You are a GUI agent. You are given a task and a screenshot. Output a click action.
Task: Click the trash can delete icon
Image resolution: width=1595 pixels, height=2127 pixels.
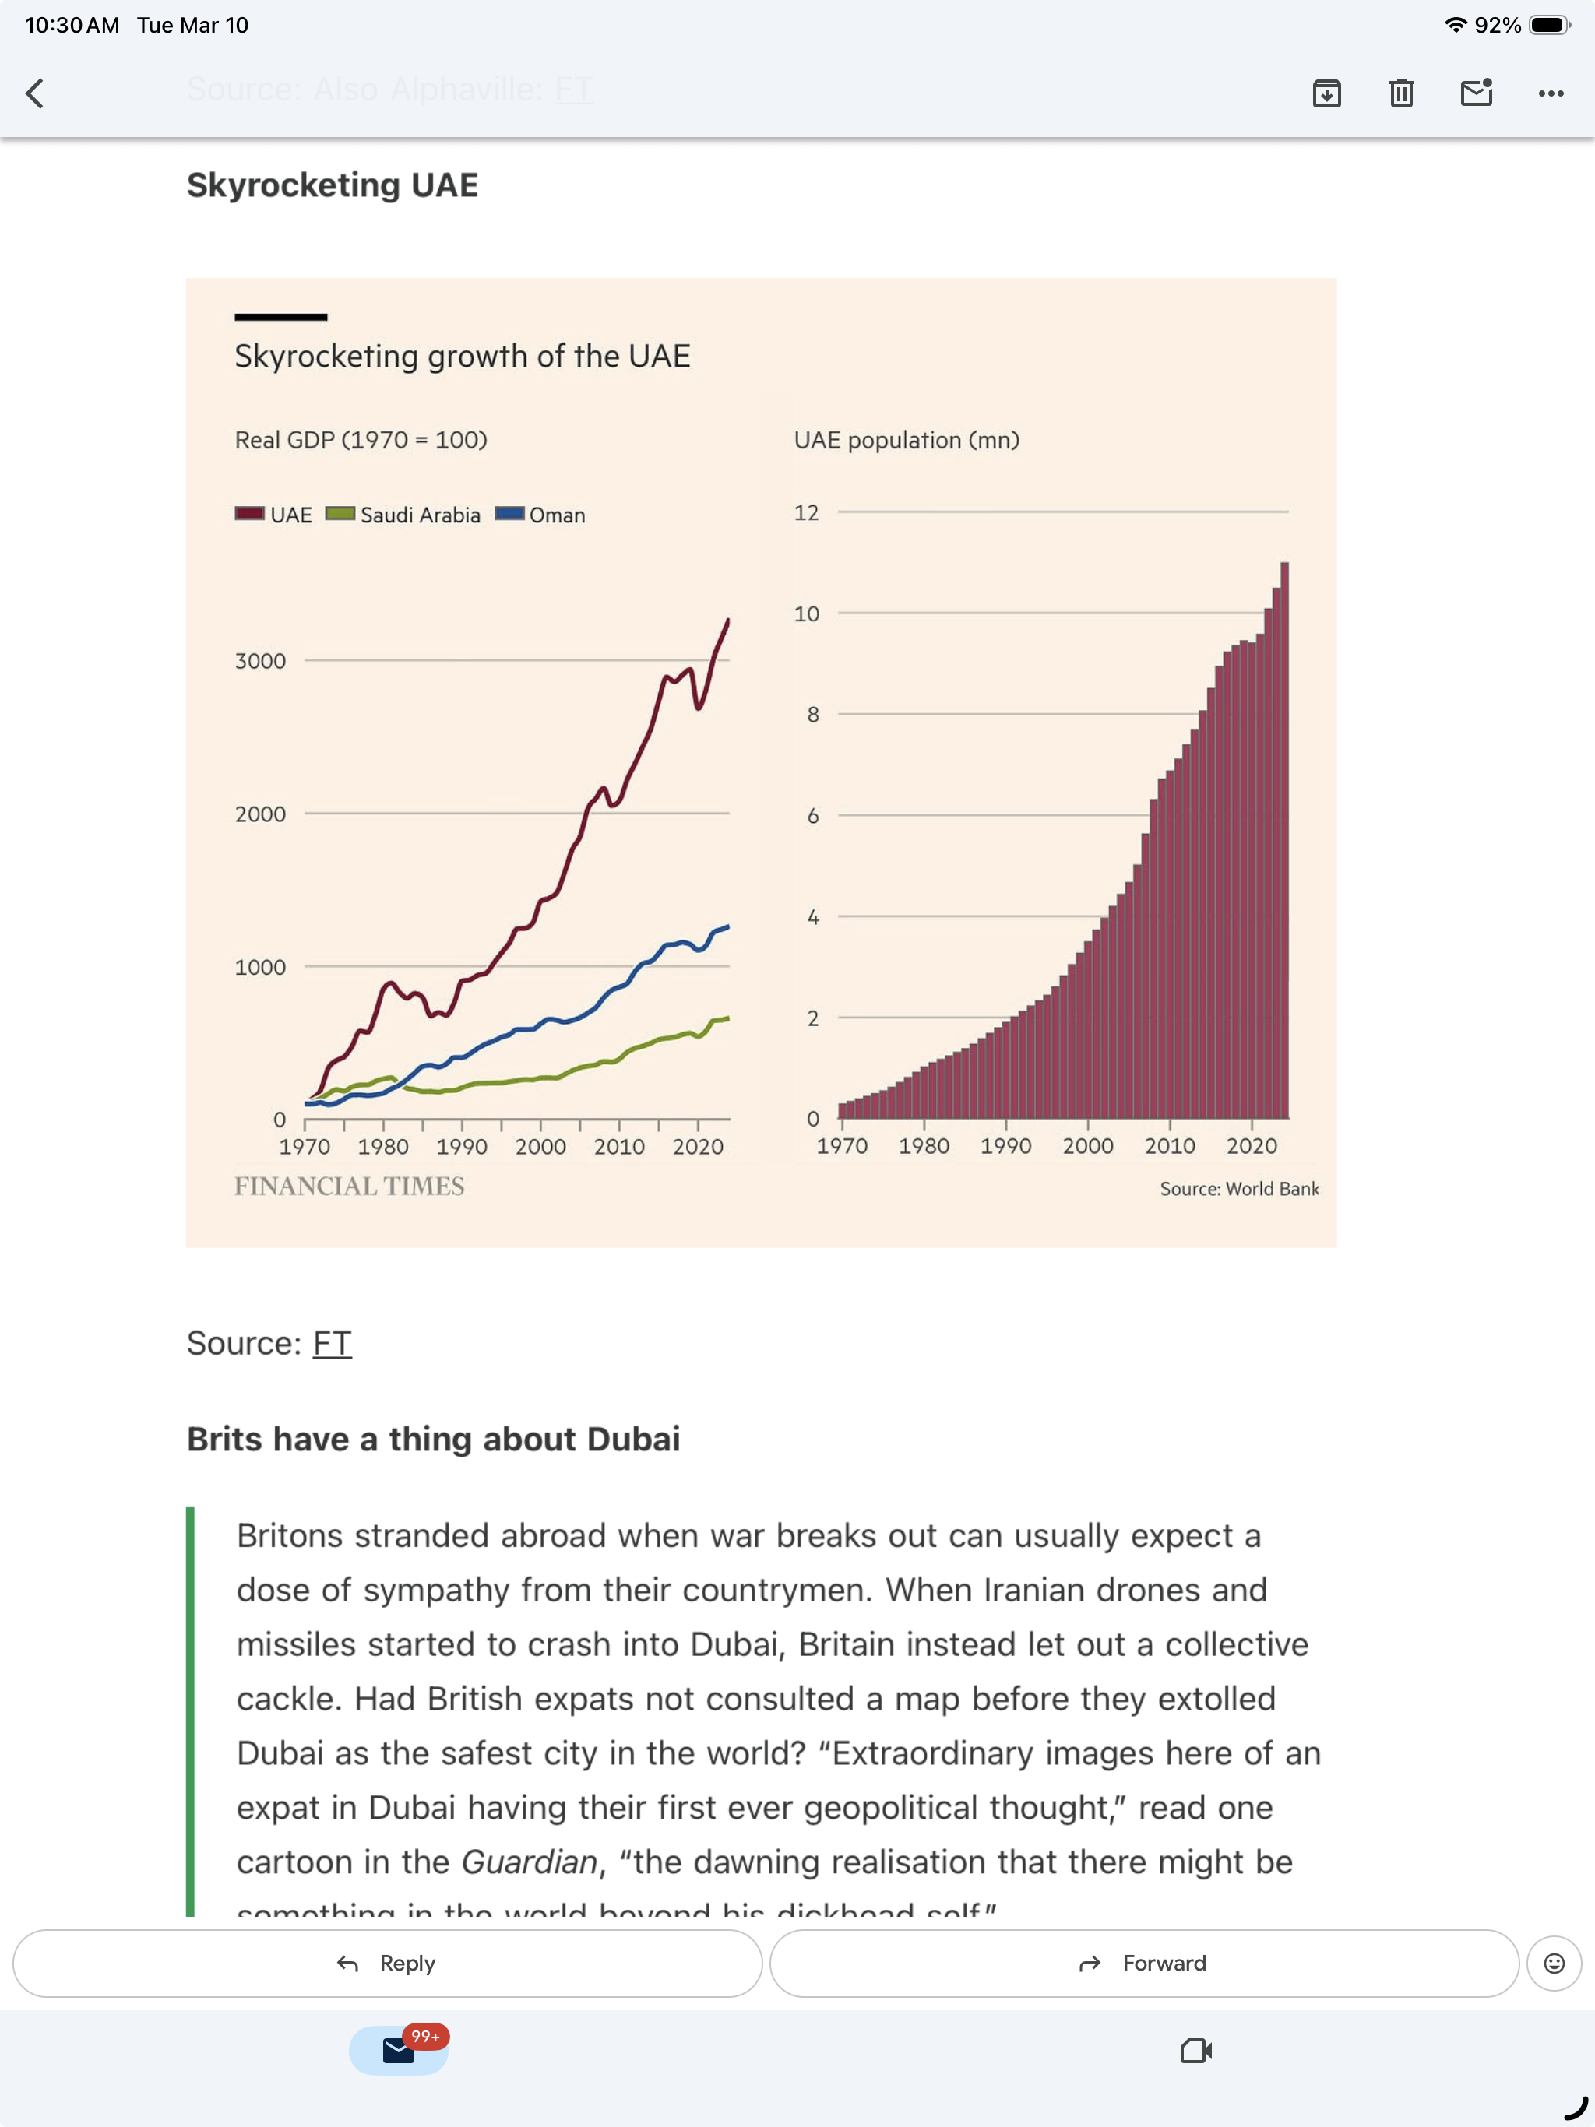[1400, 93]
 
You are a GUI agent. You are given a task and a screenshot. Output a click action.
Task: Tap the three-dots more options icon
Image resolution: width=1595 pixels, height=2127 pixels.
[1550, 93]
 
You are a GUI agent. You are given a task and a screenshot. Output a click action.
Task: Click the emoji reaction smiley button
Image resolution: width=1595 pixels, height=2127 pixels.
[1554, 1963]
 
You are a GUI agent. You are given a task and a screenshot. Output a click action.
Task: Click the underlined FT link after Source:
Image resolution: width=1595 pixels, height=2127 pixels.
[332, 1342]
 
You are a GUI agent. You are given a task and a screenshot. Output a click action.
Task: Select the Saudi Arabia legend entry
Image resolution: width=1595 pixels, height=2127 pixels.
[404, 515]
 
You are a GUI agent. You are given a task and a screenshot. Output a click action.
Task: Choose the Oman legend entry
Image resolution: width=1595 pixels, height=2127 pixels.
[540, 515]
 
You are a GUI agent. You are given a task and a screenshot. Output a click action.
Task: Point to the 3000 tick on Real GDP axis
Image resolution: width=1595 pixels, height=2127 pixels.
[261, 661]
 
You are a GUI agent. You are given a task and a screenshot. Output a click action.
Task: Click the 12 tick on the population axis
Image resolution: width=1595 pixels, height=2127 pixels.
[806, 512]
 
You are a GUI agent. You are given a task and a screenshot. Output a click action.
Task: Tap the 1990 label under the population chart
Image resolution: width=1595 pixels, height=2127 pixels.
[1005, 1145]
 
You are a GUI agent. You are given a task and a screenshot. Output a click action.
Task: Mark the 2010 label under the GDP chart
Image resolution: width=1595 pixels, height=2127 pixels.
[618, 1146]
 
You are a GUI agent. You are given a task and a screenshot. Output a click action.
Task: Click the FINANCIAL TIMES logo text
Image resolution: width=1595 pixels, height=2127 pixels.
[349, 1186]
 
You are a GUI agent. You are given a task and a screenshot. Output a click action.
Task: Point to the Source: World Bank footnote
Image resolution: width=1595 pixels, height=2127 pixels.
[1239, 1189]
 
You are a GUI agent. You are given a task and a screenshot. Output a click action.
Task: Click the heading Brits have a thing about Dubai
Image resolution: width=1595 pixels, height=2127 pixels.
[433, 1439]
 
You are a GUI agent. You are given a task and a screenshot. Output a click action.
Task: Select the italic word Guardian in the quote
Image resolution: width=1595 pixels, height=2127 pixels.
[529, 1862]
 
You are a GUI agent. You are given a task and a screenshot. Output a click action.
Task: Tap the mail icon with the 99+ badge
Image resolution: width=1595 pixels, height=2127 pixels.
[398, 2050]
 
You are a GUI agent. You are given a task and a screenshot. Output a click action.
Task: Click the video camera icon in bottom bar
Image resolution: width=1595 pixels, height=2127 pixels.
[1195, 2050]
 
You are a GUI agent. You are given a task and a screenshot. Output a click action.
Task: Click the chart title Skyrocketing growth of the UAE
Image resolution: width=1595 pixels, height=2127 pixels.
[462, 356]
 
